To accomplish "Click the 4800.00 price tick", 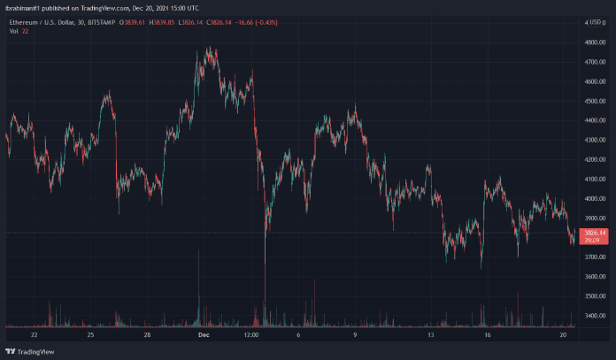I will click(592, 42).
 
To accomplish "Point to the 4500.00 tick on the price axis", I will click(592, 101).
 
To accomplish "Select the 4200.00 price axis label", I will click(592, 159).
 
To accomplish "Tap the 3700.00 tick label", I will click(592, 257).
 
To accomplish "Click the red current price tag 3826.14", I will click(592, 232).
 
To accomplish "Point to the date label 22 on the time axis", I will click(35, 336).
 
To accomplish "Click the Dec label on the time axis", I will click(202, 336).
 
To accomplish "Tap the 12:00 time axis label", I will click(251, 336).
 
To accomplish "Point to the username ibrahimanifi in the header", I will click(21, 5).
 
